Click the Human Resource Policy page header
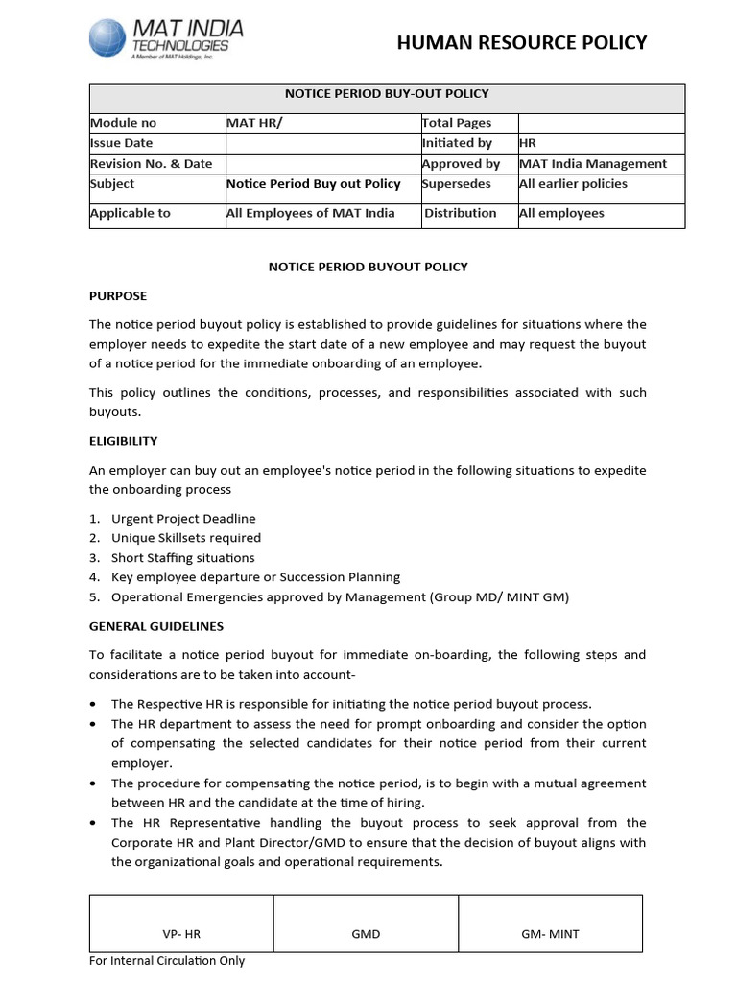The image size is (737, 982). point(522,42)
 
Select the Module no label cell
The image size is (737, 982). point(123,123)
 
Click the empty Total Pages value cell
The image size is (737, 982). point(601,123)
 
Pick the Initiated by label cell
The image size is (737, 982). point(457,143)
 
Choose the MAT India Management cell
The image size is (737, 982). point(592,164)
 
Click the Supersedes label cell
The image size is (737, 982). point(457,184)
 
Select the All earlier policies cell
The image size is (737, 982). point(573,184)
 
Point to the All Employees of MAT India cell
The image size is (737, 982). point(310,213)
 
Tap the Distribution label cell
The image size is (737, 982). point(461,213)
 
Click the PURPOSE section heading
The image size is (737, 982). point(118,297)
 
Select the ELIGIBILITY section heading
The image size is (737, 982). point(124,441)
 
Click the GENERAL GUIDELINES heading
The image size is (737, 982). point(156,626)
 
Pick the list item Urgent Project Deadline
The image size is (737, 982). point(183,519)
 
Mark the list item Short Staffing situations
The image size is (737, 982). point(182,558)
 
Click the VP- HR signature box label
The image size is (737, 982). point(181,934)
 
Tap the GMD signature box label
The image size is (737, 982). point(366,934)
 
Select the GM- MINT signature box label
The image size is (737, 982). point(550,934)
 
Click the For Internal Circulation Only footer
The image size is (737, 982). point(167,961)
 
